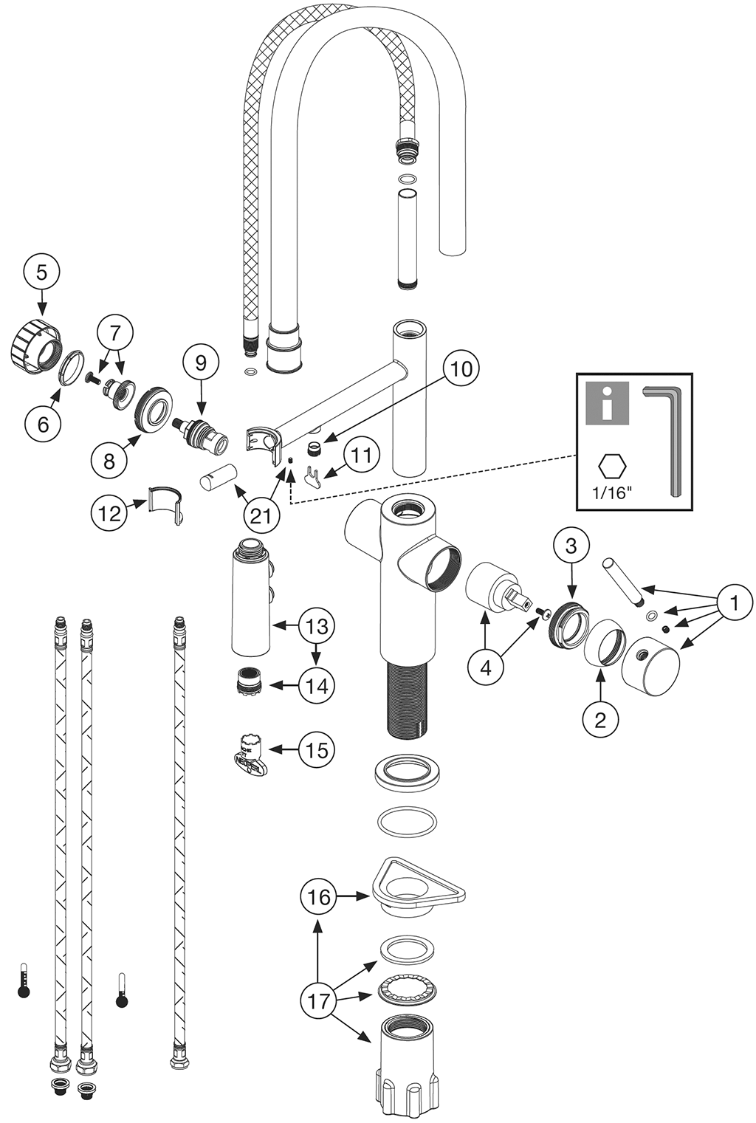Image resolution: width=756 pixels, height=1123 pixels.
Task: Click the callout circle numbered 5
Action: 41,272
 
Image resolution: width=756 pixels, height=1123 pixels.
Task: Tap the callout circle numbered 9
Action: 202,363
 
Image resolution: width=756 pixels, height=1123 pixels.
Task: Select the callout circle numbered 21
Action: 261,515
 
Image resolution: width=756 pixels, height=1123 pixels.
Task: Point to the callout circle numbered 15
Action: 317,750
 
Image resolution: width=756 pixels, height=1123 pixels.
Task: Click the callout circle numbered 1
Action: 733,603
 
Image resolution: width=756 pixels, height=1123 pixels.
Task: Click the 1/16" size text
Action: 613,492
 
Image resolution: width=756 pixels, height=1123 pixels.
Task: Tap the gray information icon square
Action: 607,403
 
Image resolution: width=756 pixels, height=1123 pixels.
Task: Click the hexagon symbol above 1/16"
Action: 612,466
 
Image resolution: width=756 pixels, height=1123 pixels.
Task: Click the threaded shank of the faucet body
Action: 407,698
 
